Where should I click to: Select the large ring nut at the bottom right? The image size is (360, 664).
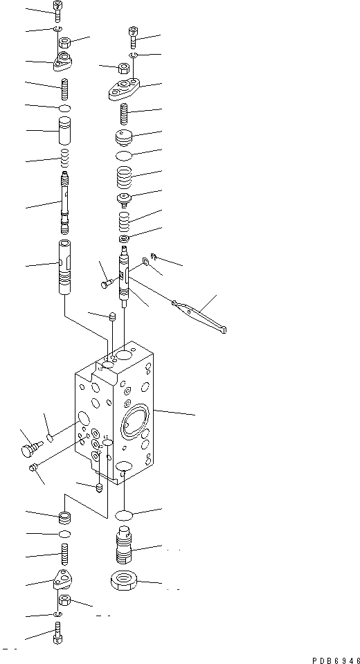pos(125,580)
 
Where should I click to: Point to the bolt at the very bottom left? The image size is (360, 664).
pos(57,634)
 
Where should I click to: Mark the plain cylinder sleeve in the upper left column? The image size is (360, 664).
pos(64,130)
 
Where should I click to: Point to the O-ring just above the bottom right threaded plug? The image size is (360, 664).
pos(125,515)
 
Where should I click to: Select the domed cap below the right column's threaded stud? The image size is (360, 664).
pos(125,136)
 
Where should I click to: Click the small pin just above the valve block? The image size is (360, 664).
pos(111,317)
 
